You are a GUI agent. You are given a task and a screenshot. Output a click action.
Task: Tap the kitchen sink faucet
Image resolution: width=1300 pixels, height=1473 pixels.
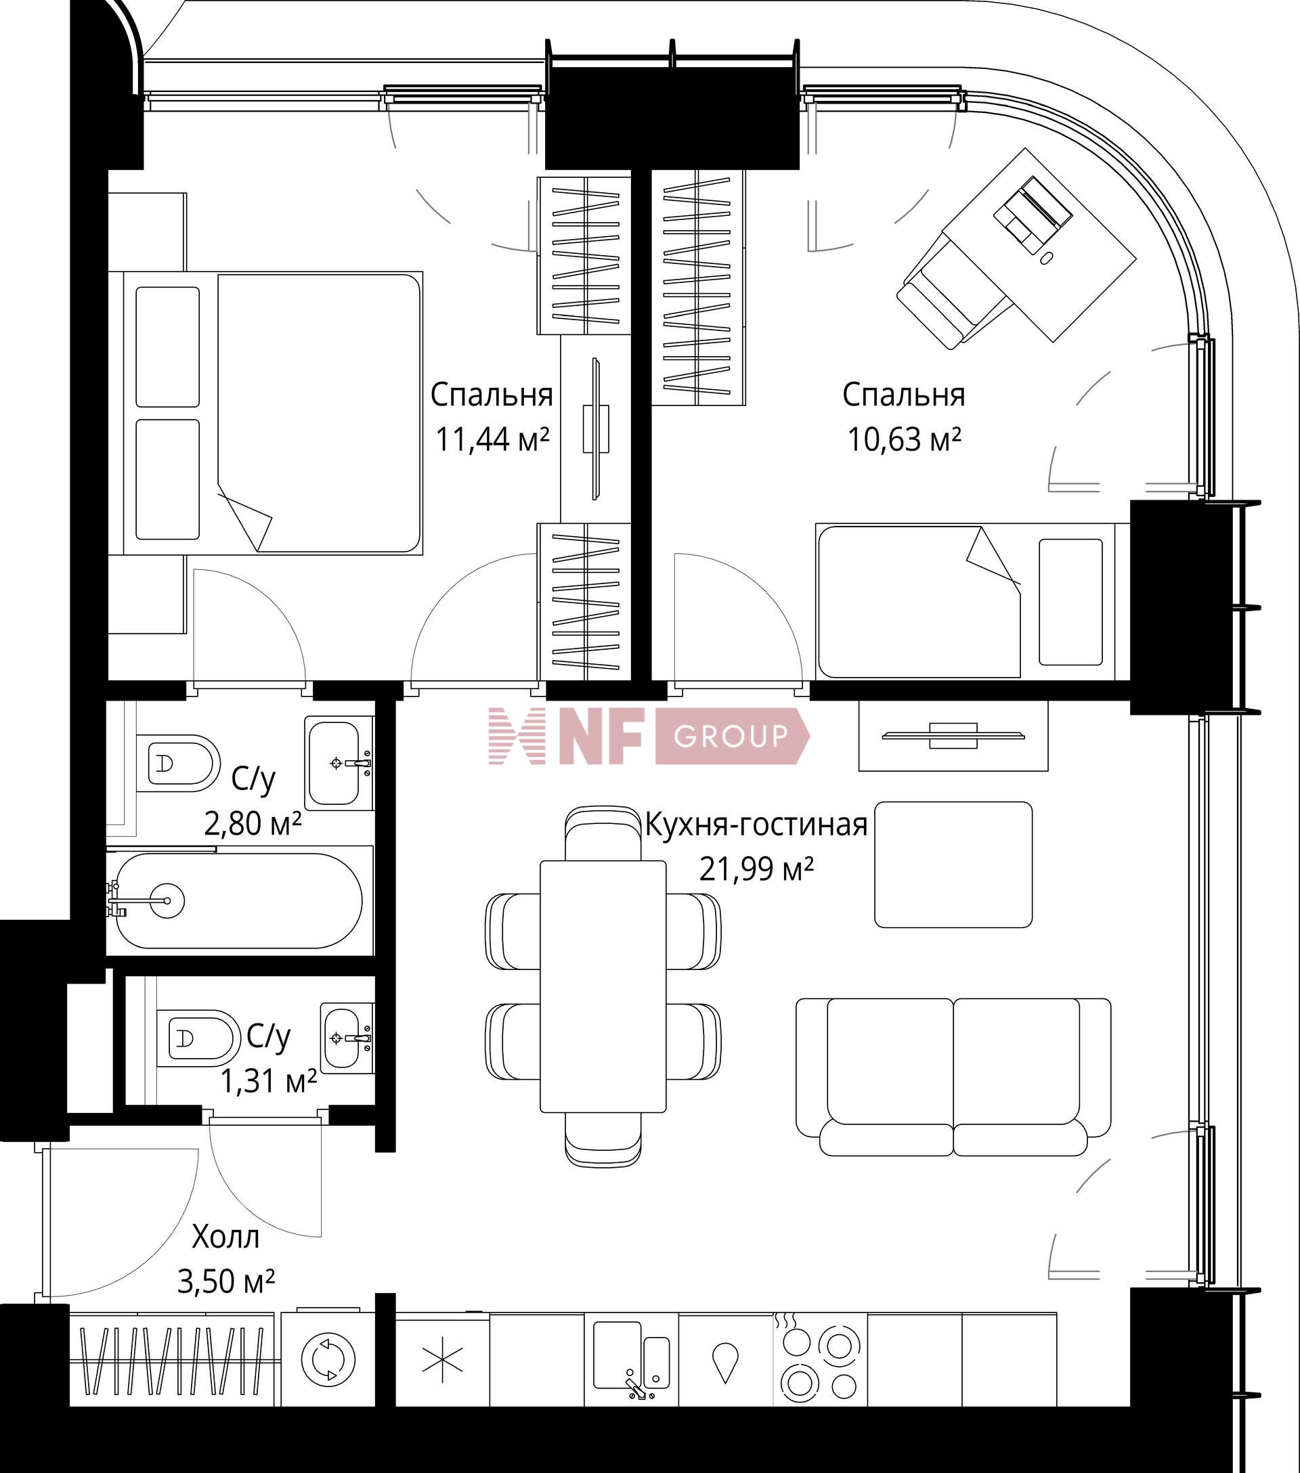click(636, 1388)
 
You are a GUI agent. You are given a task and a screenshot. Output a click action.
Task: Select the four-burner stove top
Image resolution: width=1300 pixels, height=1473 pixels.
click(820, 1359)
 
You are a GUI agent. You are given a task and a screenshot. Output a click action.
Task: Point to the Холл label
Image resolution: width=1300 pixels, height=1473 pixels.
click(225, 1237)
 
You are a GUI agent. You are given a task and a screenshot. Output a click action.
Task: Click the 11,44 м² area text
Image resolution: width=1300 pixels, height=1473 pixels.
click(492, 438)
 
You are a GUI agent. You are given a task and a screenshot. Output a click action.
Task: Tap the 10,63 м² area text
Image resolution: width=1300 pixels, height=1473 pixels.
click(904, 438)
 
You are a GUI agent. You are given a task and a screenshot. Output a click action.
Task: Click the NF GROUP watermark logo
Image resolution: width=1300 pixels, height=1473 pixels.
click(649, 736)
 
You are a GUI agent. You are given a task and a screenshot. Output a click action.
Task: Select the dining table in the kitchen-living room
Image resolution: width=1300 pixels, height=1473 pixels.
click(603, 986)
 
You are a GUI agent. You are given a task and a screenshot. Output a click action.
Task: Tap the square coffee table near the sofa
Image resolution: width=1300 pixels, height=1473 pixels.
click(953, 864)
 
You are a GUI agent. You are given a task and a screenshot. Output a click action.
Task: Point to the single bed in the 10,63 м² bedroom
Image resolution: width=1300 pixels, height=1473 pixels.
click(965, 600)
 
